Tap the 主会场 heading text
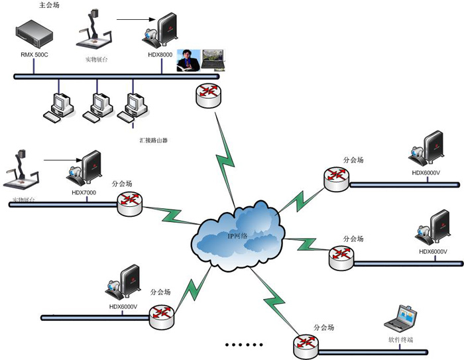[50, 5]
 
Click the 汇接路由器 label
[149, 141]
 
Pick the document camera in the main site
[95, 31]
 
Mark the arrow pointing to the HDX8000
[137, 19]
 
